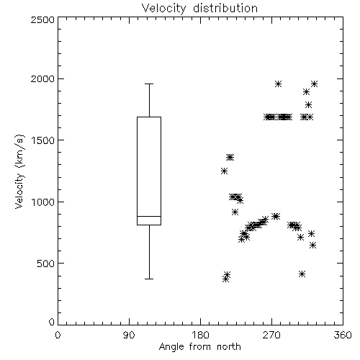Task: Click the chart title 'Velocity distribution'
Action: click(199, 9)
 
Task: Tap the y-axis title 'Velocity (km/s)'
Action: click(19, 171)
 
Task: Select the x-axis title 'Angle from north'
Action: click(199, 347)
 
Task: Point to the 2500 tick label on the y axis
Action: click(42, 19)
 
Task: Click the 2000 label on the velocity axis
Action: click(42, 78)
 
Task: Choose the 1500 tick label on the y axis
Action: click(43, 140)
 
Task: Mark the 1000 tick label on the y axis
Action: click(43, 202)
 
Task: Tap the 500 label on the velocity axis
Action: click(46, 264)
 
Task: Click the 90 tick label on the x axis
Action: click(129, 335)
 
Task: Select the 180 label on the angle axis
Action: click(200, 335)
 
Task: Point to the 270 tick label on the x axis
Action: click(271, 335)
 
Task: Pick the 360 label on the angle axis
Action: click(343, 335)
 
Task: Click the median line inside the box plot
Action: click(149, 216)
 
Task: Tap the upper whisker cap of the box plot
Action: click(149, 84)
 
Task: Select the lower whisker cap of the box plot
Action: click(149, 279)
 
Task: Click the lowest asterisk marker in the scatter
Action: click(225, 279)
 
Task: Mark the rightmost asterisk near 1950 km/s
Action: click(314, 84)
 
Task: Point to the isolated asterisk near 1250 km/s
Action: click(224, 171)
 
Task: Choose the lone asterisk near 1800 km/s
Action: click(308, 104)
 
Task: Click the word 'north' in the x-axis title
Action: click(229, 347)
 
